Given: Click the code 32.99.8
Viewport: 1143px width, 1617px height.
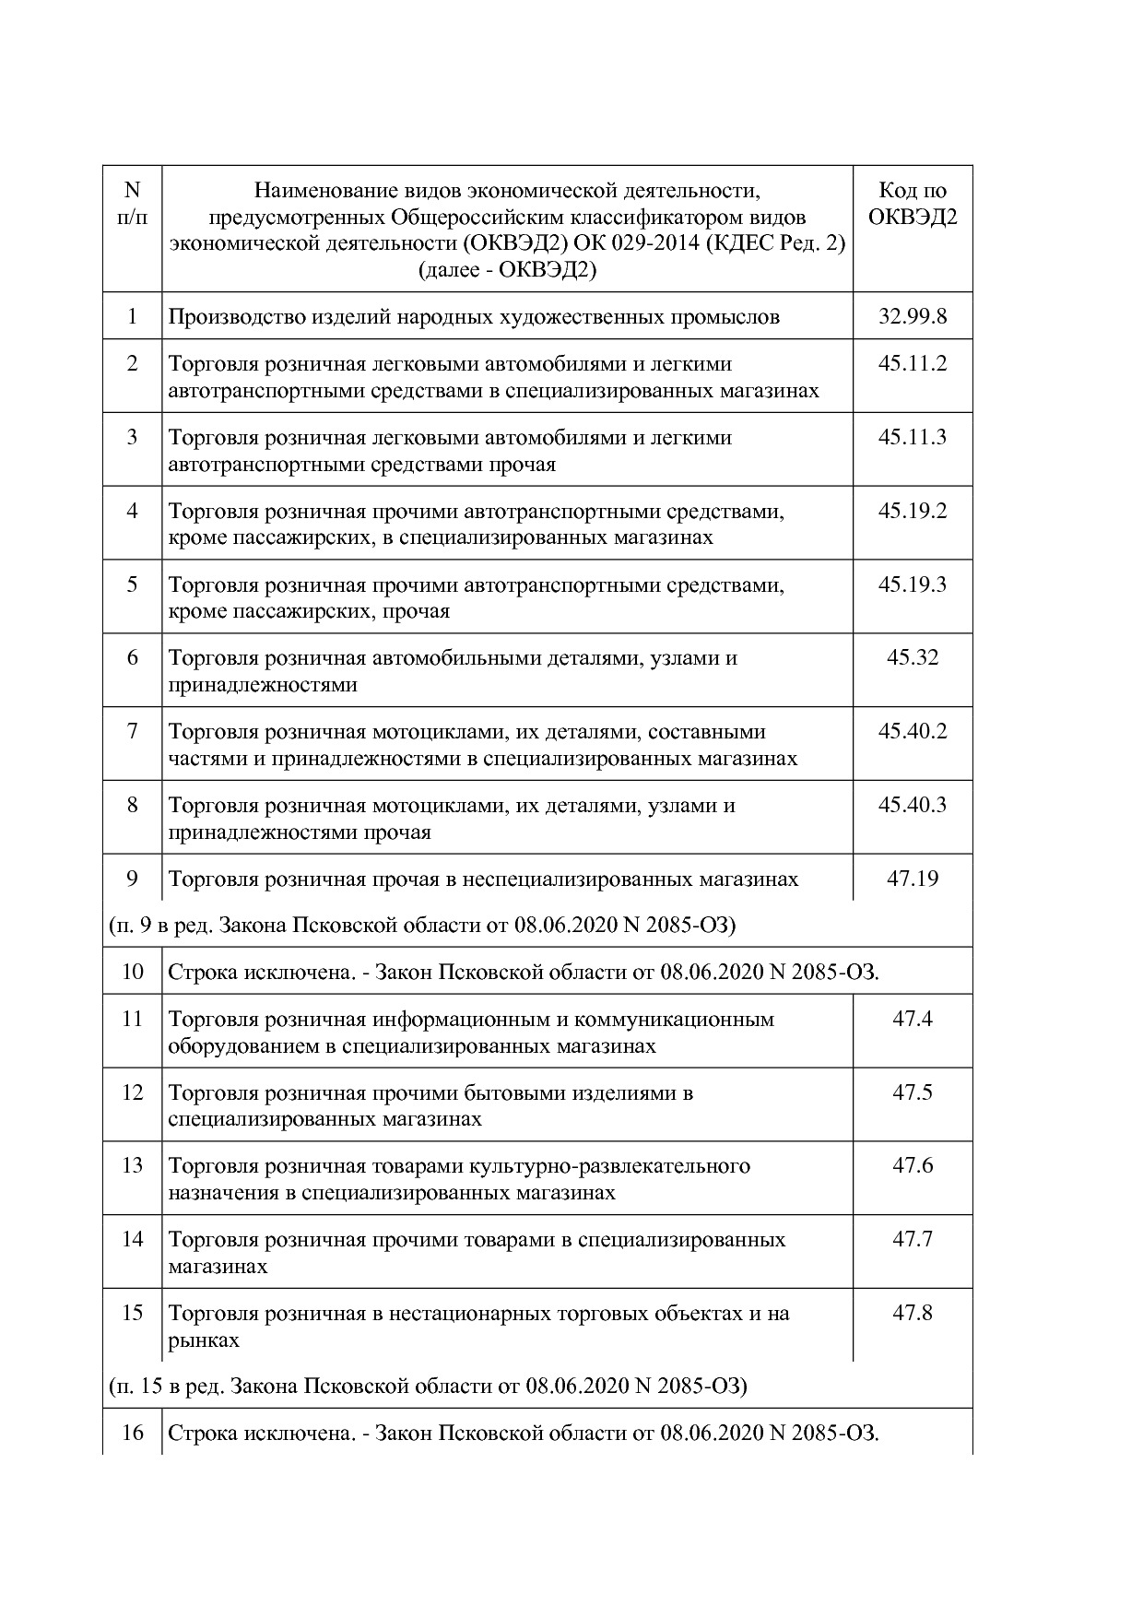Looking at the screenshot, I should click(913, 317).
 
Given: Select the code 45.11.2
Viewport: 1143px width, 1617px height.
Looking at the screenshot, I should click(913, 363).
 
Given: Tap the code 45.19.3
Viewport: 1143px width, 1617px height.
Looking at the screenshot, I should click(913, 584).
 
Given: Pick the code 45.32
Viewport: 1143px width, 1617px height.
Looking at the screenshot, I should click(913, 658).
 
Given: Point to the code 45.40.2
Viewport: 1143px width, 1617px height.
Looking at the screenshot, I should click(913, 732).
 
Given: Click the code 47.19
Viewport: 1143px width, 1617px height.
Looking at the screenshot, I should click(913, 879).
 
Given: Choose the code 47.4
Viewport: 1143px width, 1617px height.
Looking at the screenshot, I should click(913, 1019).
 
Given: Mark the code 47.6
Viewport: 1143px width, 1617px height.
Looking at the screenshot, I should click(913, 1165).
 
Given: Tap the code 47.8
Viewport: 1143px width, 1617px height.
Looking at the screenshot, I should click(913, 1313).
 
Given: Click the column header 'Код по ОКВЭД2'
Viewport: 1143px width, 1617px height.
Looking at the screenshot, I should click(913, 204).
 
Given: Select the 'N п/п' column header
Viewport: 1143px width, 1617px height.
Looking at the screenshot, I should click(133, 204).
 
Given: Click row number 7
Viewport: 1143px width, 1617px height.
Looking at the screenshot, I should click(133, 732).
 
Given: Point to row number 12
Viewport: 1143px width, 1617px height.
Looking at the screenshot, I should click(133, 1092).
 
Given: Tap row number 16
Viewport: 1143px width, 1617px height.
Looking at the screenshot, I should click(133, 1434).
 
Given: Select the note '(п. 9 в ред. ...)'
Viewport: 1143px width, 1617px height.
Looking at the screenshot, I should click(422, 925).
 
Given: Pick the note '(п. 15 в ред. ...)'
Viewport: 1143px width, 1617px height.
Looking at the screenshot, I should click(428, 1386).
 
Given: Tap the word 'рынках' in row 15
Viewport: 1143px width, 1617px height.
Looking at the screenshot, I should click(204, 1340).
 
